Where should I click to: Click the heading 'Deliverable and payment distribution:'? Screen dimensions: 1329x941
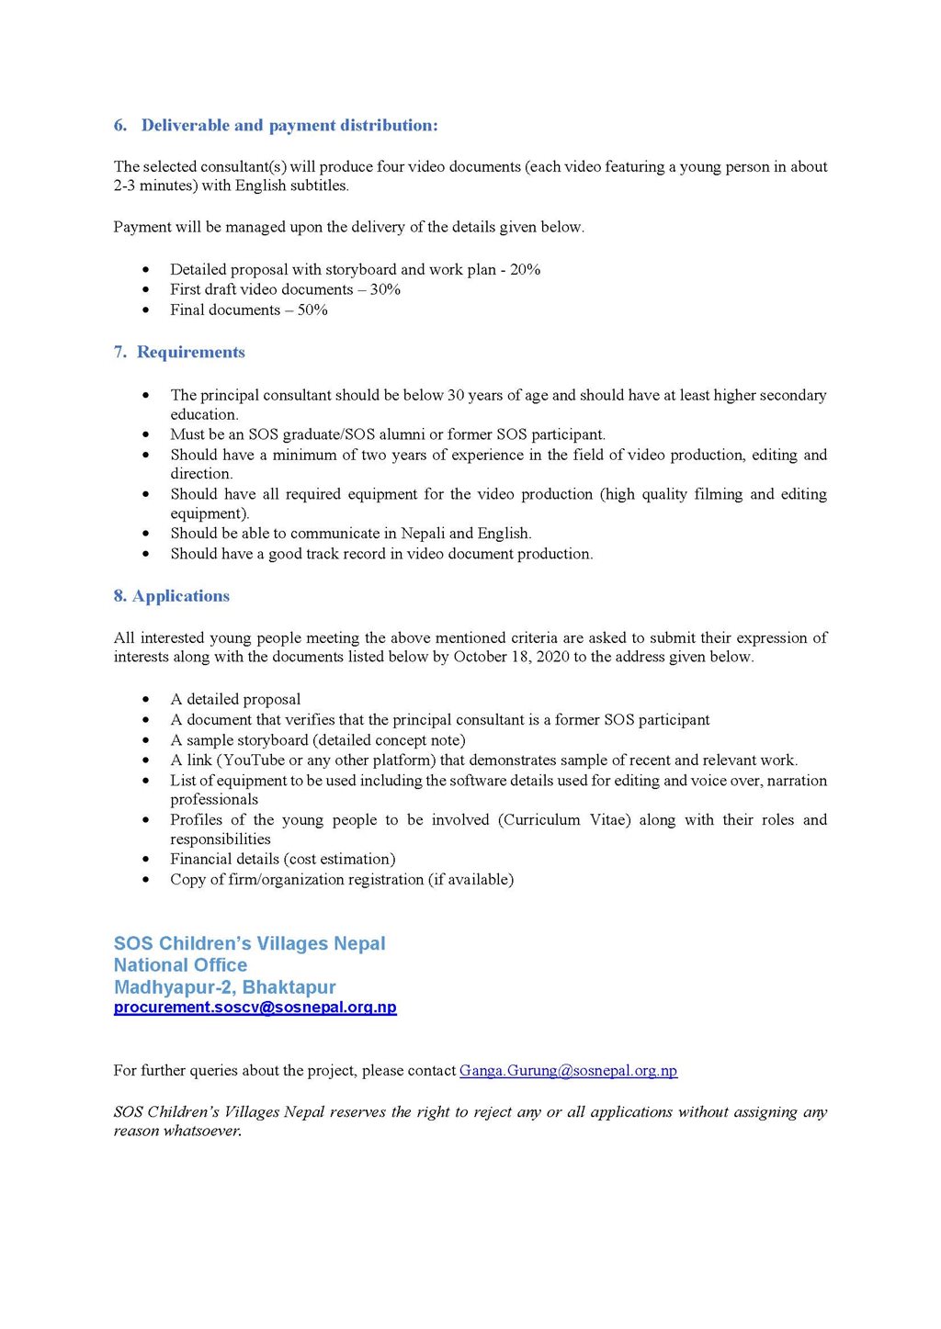coord(289,126)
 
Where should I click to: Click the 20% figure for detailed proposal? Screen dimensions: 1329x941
coord(525,269)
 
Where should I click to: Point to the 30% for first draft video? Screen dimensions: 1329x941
coord(385,289)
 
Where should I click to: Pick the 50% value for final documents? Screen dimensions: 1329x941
coord(312,310)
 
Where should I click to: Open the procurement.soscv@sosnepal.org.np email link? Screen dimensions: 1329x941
coord(255,1008)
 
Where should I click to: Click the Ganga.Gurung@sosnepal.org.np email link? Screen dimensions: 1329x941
coord(568,1071)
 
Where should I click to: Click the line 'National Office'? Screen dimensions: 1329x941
coord(180,965)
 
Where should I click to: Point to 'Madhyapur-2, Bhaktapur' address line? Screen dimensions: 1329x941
coord(224,987)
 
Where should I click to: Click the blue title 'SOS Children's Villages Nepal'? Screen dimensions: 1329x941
coord(249,943)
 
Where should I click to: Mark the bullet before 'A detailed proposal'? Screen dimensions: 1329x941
coord(146,700)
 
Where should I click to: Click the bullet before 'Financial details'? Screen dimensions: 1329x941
coord(146,860)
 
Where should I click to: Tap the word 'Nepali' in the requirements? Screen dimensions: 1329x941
coord(423,534)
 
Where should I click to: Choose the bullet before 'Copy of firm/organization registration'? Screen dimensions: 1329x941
coord(146,880)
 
